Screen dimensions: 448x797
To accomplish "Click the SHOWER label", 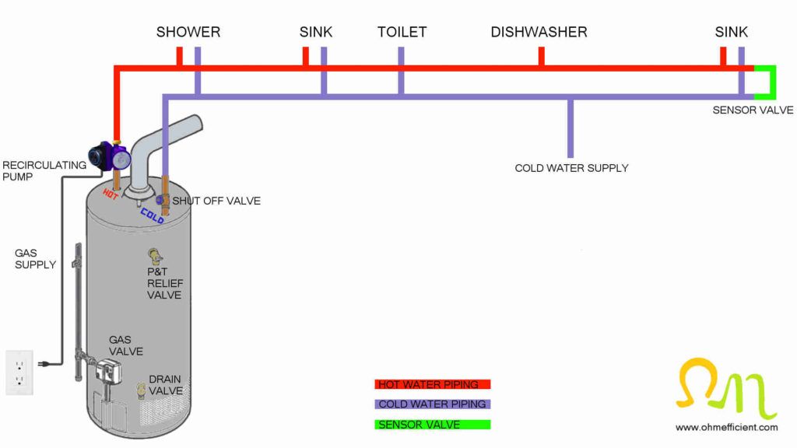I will click(x=188, y=32).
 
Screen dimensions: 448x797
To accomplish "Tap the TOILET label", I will click(x=402, y=32).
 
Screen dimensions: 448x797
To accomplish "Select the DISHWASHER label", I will click(x=539, y=32).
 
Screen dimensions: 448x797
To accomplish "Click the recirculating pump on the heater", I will click(x=109, y=156).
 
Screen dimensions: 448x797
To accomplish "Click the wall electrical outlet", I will click(x=19, y=372).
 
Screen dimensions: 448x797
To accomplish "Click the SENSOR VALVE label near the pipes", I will click(x=753, y=110).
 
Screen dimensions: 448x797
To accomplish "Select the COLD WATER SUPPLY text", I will click(x=571, y=168).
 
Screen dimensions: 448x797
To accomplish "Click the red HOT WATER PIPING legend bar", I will click(x=432, y=384).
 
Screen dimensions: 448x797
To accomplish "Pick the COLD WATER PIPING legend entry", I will click(x=432, y=404).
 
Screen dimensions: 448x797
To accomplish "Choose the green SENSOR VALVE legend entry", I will click(x=432, y=425).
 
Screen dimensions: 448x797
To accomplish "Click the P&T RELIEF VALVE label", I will click(x=164, y=283).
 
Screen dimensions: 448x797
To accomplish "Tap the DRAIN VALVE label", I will click(x=166, y=385).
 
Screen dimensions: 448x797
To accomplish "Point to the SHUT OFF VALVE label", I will click(x=216, y=201).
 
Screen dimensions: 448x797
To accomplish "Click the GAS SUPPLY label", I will click(x=35, y=259).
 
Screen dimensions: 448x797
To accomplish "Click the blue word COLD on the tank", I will click(x=152, y=215).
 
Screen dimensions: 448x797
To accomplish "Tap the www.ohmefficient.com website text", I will click(x=726, y=427).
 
